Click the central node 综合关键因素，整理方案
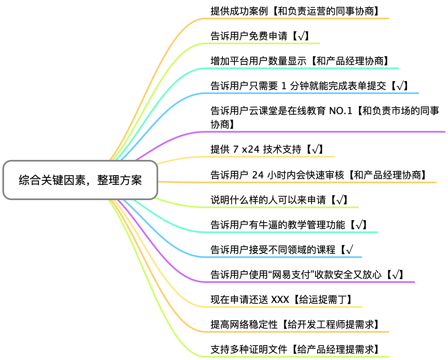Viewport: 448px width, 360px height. (x=80, y=180)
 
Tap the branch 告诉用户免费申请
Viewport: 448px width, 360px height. (x=249, y=36)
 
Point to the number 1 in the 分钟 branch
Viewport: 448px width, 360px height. (x=284, y=86)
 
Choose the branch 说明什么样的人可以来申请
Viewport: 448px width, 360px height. (x=268, y=200)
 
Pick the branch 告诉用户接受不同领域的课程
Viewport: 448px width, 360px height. (x=273, y=250)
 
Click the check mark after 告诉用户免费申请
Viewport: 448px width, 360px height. (x=301, y=36)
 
